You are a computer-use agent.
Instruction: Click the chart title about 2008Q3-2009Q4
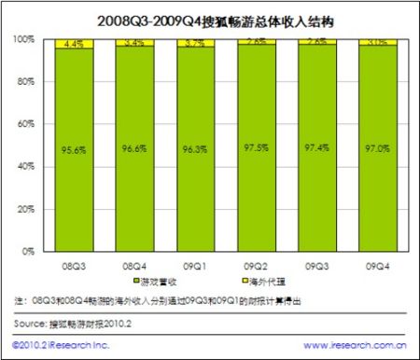coord(210,19)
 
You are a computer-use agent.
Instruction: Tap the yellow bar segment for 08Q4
coord(135,43)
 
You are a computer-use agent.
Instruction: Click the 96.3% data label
coord(198,147)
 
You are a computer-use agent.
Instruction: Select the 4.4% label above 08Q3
coord(74,42)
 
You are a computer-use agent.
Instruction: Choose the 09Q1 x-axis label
coord(198,266)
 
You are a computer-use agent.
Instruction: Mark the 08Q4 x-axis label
coord(135,266)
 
